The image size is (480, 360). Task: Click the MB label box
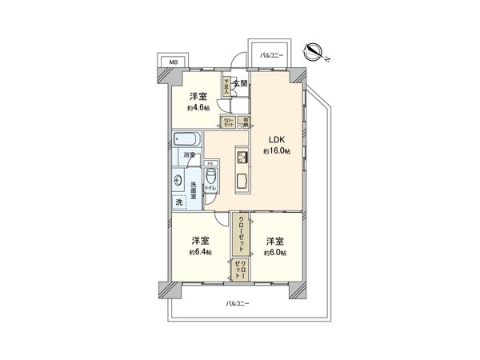click(173, 62)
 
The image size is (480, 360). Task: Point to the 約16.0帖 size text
click(278, 151)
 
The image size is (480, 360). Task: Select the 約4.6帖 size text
click(198, 107)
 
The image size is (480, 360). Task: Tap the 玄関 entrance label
click(240, 83)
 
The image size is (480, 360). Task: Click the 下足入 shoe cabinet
click(226, 86)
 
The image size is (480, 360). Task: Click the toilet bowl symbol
click(210, 178)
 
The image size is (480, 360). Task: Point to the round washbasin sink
click(177, 181)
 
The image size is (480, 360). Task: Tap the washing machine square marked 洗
click(178, 202)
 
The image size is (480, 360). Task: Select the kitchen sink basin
click(243, 180)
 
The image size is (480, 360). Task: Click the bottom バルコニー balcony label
click(238, 303)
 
